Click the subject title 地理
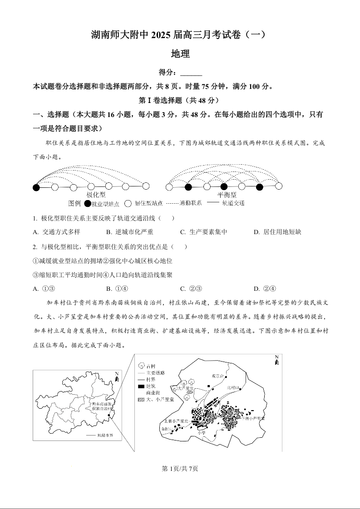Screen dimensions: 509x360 pos(180,54)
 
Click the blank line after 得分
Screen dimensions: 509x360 pos(191,72)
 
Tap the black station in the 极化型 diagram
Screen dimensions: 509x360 pos(36,186)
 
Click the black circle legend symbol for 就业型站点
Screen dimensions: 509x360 pos(88,204)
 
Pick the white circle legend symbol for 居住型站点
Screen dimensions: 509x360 pos(128,204)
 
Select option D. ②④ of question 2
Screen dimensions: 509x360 pos(265,289)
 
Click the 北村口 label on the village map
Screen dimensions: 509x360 pos(232,387)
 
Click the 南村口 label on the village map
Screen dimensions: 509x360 pos(166,428)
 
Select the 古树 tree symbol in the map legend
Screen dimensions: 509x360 pos(141,365)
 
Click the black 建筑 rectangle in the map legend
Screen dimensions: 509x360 pos(141,386)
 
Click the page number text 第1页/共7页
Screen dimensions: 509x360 pos(180,469)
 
